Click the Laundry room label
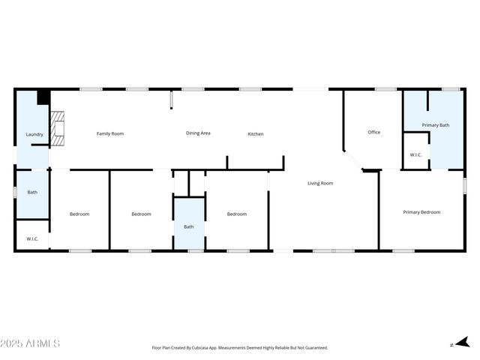pos(34,134)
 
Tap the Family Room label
pos(110,133)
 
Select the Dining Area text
pos(198,133)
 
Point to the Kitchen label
pos(256,133)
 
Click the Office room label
pos(373,132)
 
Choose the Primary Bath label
pos(435,125)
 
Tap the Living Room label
pos(320,183)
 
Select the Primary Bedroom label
pos(421,212)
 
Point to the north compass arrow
pos(461,343)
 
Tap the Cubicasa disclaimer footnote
pos(240,348)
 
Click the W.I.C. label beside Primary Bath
pos(415,154)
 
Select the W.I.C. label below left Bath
pos(32,238)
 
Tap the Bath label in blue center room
pos(189,226)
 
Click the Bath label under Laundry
pos(32,193)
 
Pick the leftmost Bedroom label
pos(79,214)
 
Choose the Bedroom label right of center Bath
pos(237,214)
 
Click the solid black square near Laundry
pos(43,97)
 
